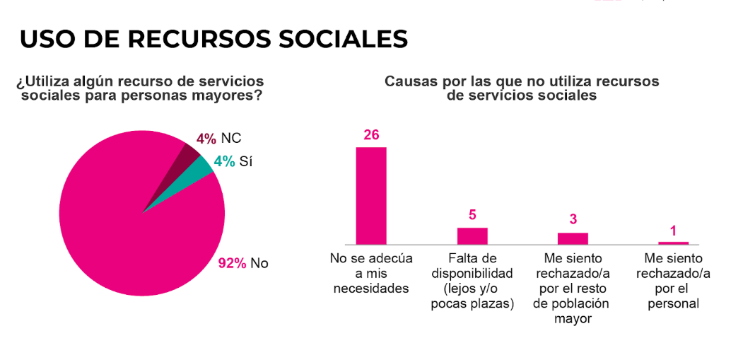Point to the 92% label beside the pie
(x=232, y=263)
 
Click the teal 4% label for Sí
(x=224, y=161)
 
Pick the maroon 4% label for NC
(x=206, y=139)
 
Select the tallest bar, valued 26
(x=370, y=195)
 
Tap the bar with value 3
(x=573, y=238)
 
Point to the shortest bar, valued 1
(x=673, y=243)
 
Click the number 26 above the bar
(x=371, y=135)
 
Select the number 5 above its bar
(x=472, y=215)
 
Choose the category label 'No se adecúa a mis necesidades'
(x=371, y=273)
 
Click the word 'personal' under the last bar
(x=673, y=303)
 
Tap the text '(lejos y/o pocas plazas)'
(x=472, y=296)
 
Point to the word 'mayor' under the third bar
(x=573, y=318)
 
